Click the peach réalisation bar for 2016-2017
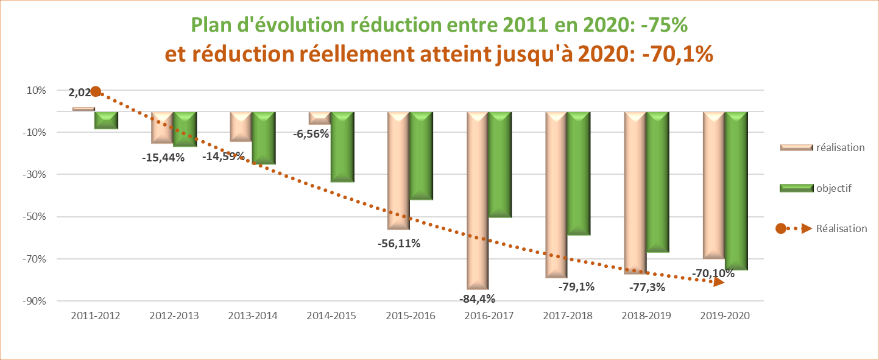pyautogui.click(x=478, y=201)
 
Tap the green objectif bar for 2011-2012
pyautogui.click(x=106, y=120)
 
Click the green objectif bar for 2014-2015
pyautogui.click(x=342, y=147)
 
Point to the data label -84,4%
pyautogui.click(x=477, y=298)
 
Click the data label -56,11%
pyautogui.click(x=398, y=244)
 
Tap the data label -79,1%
pyautogui.click(x=576, y=286)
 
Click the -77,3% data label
pyautogui.click(x=646, y=287)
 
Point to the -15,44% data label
pyautogui.click(x=163, y=157)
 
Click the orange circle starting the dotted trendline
pyautogui.click(x=95, y=92)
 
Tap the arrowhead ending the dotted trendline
pyautogui.click(x=719, y=281)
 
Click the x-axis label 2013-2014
pyautogui.click(x=252, y=316)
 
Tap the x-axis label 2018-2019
pyautogui.click(x=646, y=316)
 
